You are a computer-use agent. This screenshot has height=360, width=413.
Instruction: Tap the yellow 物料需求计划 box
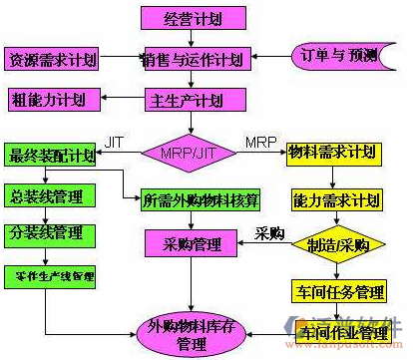[x=332, y=153]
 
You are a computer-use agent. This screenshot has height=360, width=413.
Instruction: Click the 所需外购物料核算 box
[x=201, y=198]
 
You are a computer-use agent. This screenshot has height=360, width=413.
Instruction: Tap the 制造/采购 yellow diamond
[x=334, y=246]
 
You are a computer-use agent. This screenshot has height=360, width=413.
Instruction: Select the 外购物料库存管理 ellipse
[x=193, y=334]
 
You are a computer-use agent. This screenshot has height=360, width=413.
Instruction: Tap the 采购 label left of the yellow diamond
[x=269, y=233]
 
